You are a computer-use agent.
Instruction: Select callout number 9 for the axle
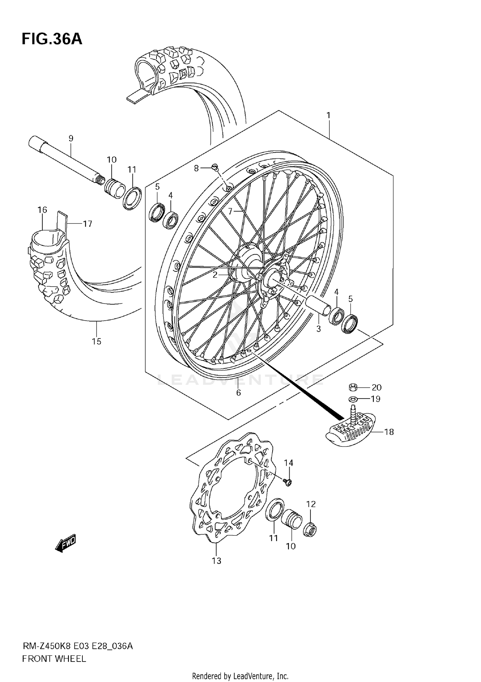pos(71,138)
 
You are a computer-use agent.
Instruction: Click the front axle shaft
pos(64,160)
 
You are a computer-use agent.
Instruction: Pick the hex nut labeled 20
pos(353,387)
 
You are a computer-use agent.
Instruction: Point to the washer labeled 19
pos(353,399)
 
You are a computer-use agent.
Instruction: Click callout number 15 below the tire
pos(97,341)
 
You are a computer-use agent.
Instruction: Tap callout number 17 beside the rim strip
pos(88,224)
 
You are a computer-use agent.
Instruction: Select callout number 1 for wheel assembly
pos(328,115)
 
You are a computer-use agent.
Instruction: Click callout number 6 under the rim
pos(238,393)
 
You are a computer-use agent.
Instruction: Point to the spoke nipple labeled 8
pos(215,167)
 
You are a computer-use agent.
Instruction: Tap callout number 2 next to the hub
pos(215,274)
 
